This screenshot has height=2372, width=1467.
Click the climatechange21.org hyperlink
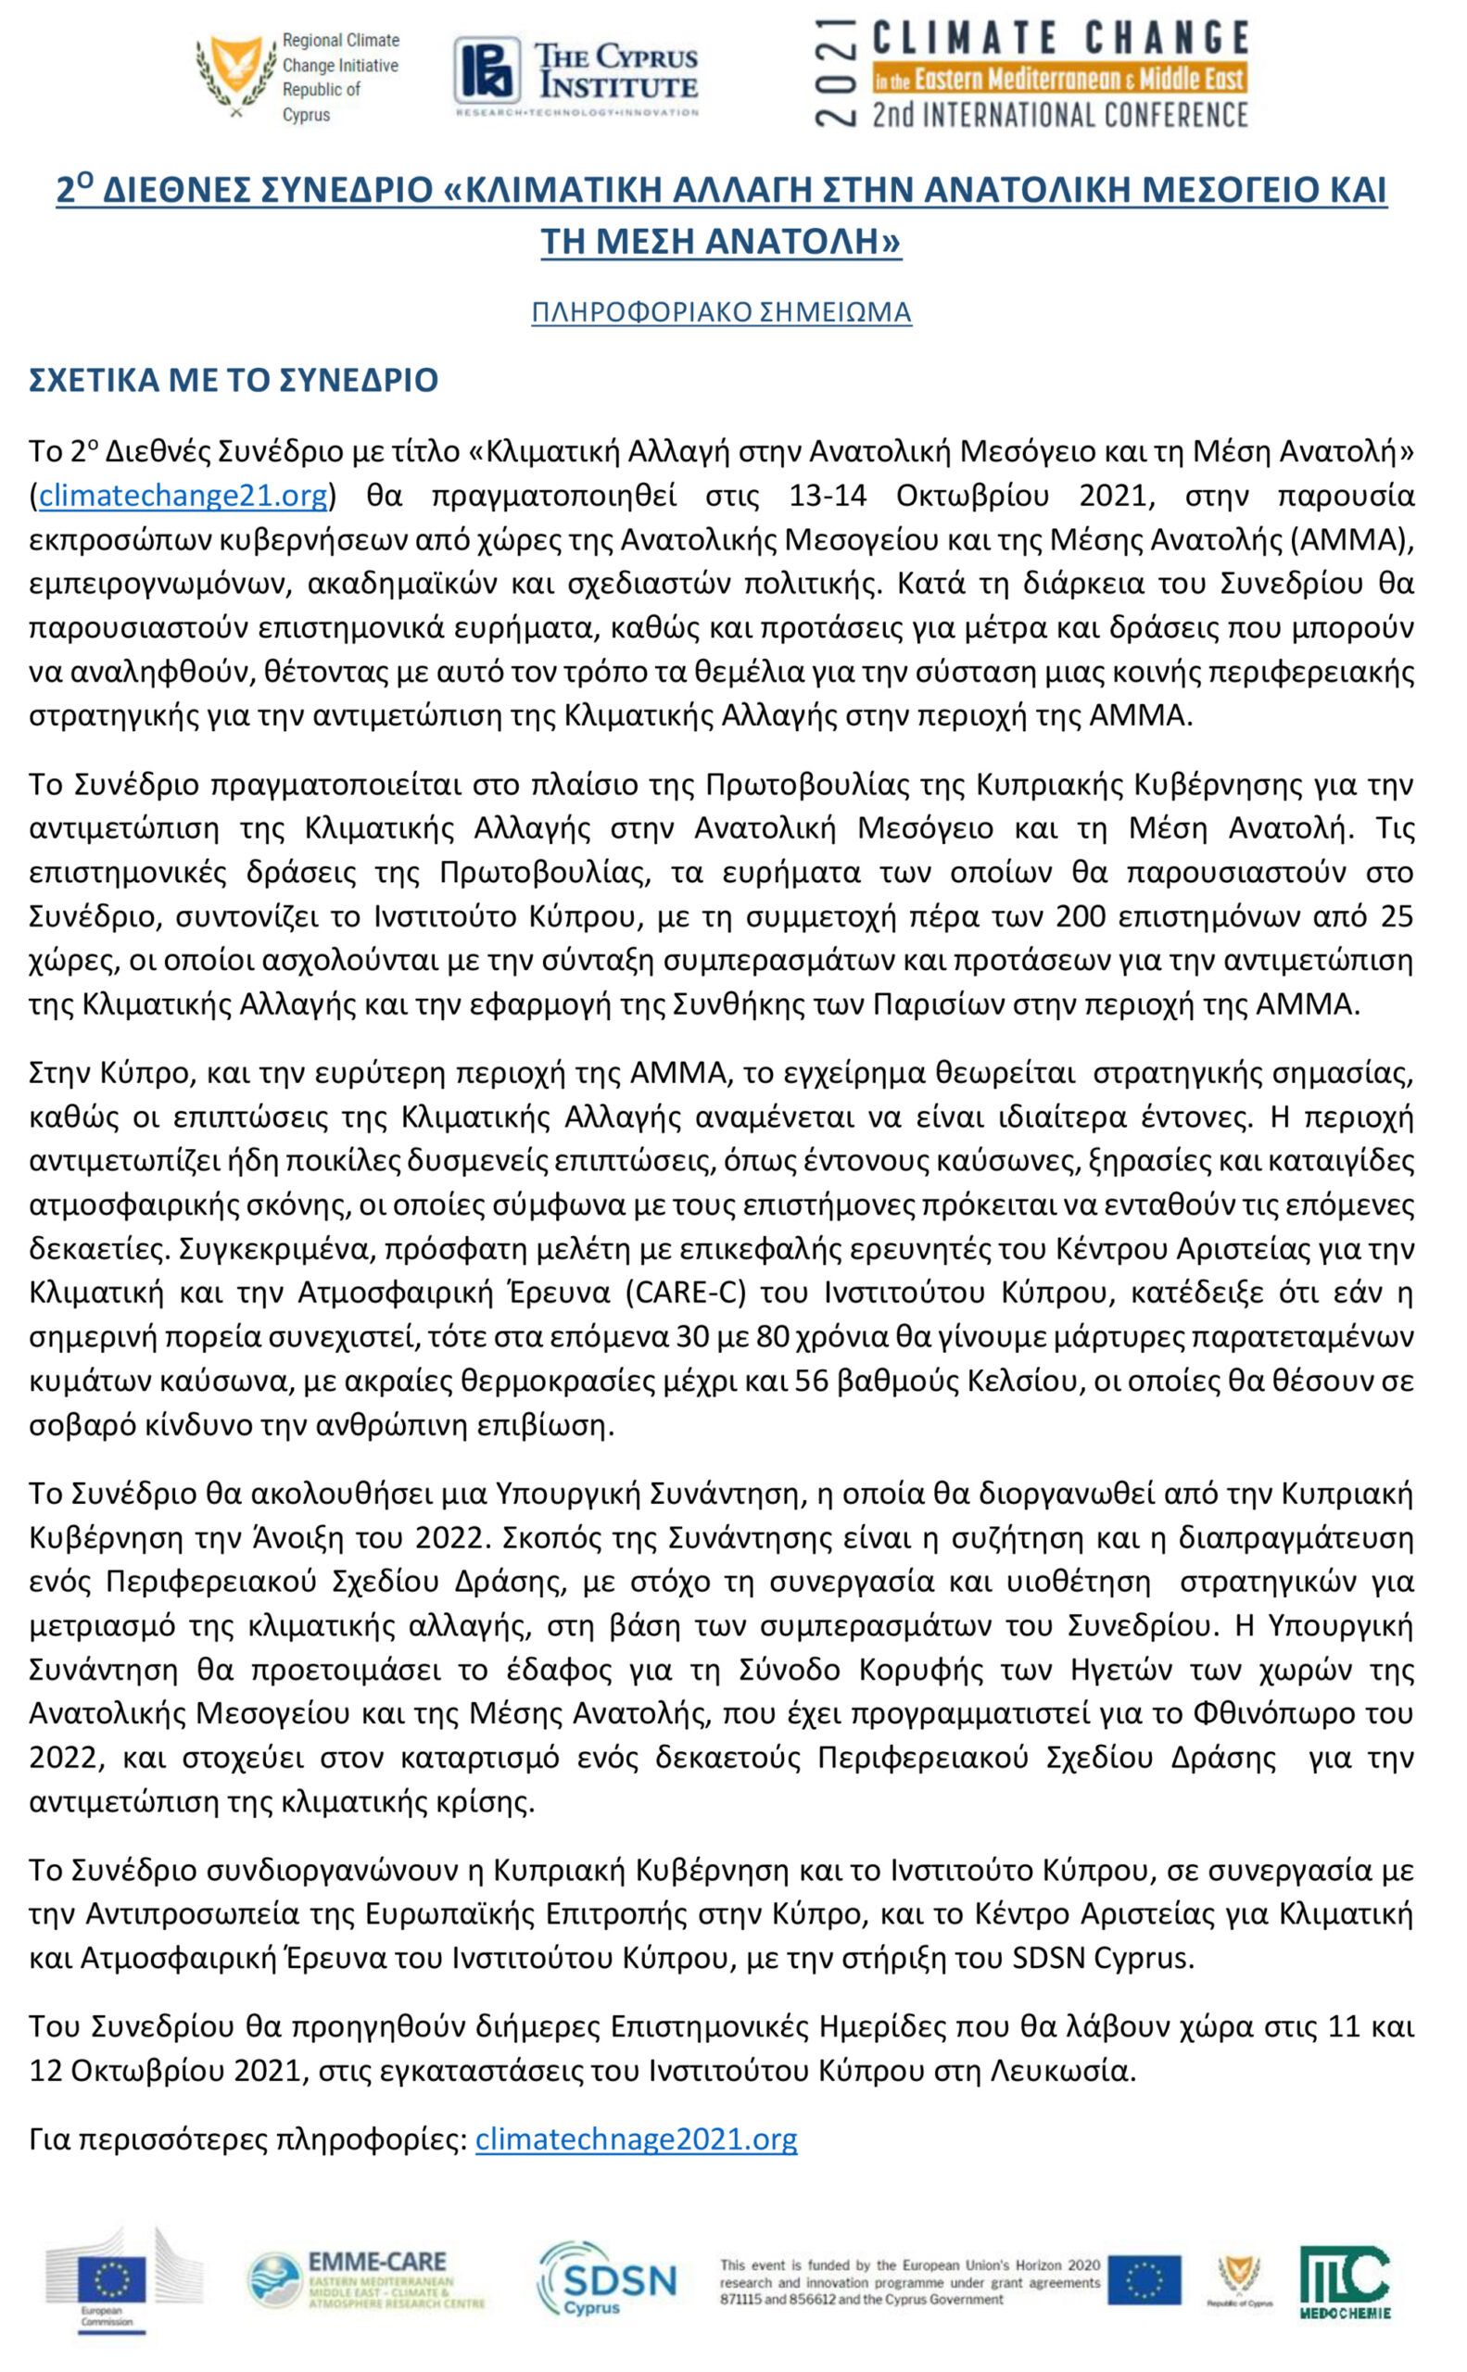pos(183,497)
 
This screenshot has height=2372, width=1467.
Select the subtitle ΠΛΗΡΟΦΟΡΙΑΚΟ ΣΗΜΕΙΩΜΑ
pos(721,312)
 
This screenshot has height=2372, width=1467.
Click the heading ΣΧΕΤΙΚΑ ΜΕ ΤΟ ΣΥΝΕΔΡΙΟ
pos(234,380)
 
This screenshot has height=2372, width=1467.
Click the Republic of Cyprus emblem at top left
pos(233,76)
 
